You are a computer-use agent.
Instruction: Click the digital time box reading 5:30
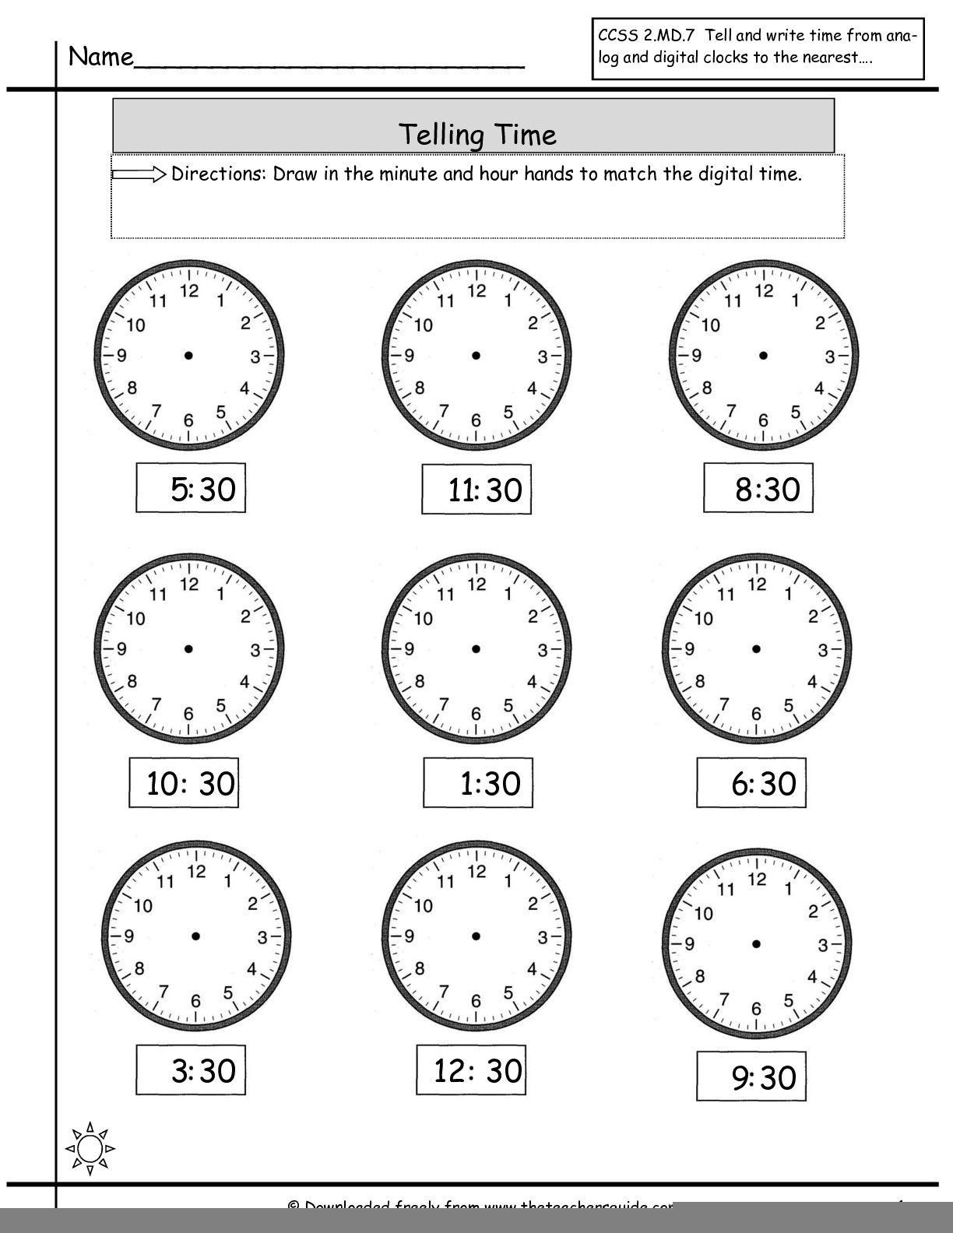click(x=191, y=489)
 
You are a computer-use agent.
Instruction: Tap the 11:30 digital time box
click(x=476, y=490)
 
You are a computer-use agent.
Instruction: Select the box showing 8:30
click(x=758, y=488)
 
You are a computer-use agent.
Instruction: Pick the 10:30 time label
click(x=184, y=782)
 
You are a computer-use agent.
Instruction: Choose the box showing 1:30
click(x=478, y=782)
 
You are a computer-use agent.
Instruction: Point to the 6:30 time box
click(x=752, y=782)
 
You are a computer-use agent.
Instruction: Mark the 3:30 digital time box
click(x=191, y=1070)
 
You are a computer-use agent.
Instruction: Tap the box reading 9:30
click(x=751, y=1077)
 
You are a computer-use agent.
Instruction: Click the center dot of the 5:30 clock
click(x=188, y=356)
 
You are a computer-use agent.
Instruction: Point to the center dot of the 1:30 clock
click(x=476, y=648)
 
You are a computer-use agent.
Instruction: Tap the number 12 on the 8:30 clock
click(x=764, y=291)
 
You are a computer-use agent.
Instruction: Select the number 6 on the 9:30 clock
click(x=756, y=1009)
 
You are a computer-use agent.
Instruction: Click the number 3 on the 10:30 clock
click(x=255, y=650)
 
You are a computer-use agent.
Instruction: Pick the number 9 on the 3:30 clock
click(x=128, y=936)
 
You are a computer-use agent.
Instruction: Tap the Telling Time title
click(x=477, y=135)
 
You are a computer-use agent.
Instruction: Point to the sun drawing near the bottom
click(x=90, y=1148)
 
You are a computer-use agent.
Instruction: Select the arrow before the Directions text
click(x=139, y=174)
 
